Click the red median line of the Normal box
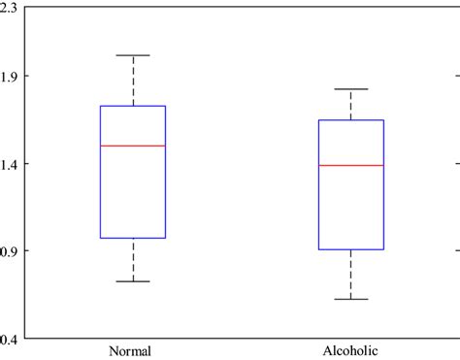(x=132, y=146)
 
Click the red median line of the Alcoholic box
(x=350, y=166)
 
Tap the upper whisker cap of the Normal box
(x=132, y=55)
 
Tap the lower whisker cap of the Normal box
(x=132, y=281)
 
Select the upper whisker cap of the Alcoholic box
(x=350, y=89)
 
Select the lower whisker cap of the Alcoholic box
(x=350, y=299)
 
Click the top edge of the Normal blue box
(x=132, y=106)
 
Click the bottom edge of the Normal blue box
(x=132, y=238)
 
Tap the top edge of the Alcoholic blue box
(x=350, y=120)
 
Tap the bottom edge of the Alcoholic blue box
(x=350, y=250)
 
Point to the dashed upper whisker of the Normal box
(x=132, y=81)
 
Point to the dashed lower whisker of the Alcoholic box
(x=350, y=275)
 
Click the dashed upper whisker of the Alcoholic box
(x=350, y=105)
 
